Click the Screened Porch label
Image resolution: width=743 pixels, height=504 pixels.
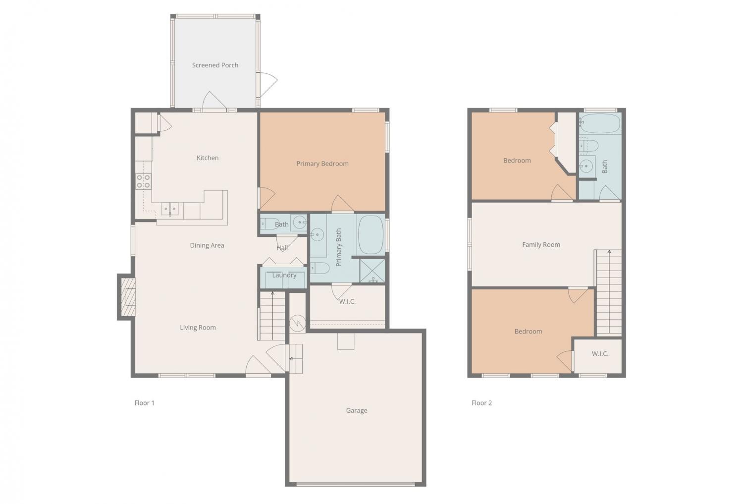(x=215, y=65)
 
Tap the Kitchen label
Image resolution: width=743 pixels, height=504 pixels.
(x=208, y=158)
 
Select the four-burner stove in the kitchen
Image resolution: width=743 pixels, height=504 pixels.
(x=143, y=181)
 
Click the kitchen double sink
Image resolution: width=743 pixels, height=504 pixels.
(x=170, y=209)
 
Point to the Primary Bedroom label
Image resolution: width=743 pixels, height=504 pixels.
(x=322, y=164)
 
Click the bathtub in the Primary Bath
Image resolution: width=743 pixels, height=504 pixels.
(x=371, y=235)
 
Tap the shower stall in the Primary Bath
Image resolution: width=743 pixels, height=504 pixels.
(x=372, y=271)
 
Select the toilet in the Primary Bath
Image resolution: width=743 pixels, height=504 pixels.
(x=319, y=268)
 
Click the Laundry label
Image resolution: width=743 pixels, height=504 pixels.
(x=284, y=276)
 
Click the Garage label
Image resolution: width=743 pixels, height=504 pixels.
(x=357, y=411)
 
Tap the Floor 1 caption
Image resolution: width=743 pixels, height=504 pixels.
(x=144, y=403)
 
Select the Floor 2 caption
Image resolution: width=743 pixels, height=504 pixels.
(x=481, y=403)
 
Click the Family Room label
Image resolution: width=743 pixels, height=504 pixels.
(x=541, y=245)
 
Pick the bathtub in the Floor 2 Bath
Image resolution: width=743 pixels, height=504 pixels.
(x=600, y=123)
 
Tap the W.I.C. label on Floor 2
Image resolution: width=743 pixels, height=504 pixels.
(x=600, y=354)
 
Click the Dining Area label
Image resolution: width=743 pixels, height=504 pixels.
(x=207, y=245)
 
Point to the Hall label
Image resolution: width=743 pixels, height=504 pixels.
(x=282, y=248)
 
